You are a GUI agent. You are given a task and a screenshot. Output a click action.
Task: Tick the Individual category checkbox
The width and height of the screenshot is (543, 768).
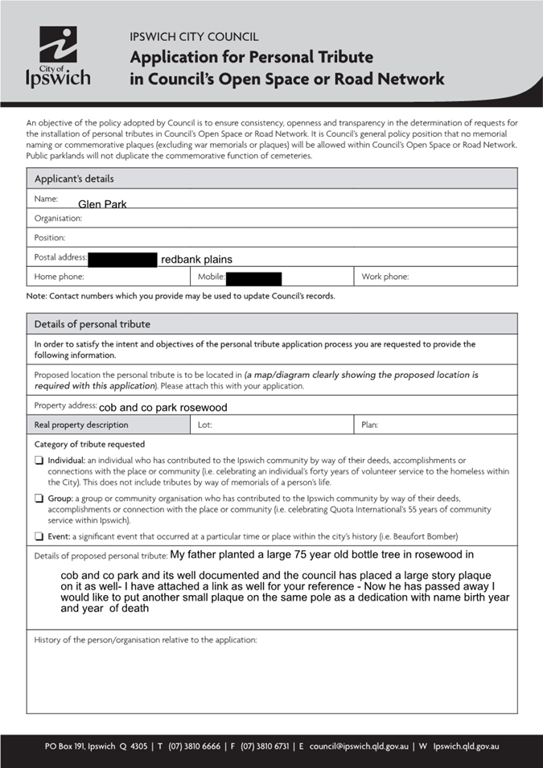coord(39,461)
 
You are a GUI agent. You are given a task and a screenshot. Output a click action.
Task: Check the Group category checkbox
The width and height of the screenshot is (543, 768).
coord(39,499)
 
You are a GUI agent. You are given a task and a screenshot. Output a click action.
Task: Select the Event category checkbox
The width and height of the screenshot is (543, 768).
coord(39,536)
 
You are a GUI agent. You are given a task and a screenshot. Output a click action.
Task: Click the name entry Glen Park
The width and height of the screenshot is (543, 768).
coord(102,204)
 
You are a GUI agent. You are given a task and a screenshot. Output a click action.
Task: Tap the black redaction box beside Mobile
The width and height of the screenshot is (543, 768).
coord(254,279)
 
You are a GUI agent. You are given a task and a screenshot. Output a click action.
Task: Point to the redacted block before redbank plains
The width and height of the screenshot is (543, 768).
coord(123,260)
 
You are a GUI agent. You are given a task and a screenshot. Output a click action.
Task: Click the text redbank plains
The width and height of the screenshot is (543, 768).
coord(196,260)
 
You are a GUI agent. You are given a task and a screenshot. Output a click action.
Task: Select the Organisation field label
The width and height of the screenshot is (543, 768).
coord(58,218)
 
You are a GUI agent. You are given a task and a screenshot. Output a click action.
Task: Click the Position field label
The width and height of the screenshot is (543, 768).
coord(50,238)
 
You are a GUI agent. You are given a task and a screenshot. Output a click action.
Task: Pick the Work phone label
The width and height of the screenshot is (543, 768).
coord(385,277)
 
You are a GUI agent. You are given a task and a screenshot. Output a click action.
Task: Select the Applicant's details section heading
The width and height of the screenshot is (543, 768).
coord(74,179)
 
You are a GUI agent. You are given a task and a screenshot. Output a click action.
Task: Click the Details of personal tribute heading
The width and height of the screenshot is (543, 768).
coord(92,324)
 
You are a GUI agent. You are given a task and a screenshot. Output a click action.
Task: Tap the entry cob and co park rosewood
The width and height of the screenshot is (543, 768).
coord(162,408)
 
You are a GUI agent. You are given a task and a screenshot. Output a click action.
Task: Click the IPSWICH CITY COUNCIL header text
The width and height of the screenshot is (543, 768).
coord(194,37)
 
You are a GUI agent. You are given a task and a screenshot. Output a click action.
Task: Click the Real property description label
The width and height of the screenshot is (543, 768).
coord(80,425)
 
